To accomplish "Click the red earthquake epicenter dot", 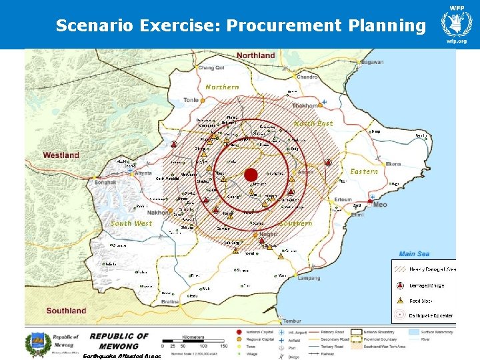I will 251,175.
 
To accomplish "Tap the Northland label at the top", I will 255,55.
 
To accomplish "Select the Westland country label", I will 61,155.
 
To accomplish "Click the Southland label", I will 66,310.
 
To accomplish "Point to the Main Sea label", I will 415,253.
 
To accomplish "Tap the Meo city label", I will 379,205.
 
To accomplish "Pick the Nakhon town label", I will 159,213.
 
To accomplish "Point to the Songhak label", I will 105,182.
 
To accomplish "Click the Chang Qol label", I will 211,67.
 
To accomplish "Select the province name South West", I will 131,223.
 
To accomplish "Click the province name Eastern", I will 364,171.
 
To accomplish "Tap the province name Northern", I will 222,87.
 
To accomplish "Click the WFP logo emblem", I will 457,25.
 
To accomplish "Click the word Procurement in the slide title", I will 284,26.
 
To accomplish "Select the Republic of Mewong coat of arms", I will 37,344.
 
